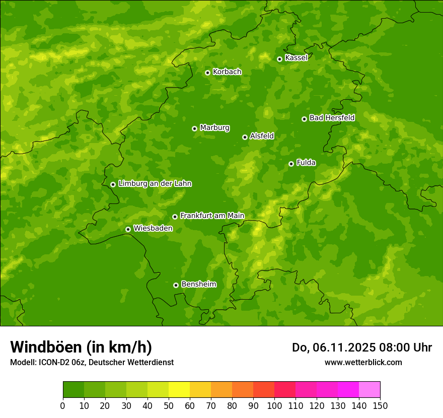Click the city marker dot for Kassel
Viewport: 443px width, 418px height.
pos(279,59)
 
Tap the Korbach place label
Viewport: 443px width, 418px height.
pos(227,72)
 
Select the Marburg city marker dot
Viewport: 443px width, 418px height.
pos(194,128)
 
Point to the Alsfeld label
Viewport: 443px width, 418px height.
pos(262,136)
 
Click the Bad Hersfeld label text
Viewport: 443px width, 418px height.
pos(332,118)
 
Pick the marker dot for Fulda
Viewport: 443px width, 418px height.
pos(291,164)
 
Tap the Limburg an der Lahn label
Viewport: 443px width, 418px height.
pos(155,184)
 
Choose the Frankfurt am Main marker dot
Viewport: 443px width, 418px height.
pos(175,217)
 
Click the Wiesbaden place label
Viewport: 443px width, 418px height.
pos(153,228)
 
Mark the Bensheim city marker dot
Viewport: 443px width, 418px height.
pos(176,285)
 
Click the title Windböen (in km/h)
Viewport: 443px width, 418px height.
pos(81,347)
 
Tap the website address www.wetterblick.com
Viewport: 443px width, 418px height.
pos(363,362)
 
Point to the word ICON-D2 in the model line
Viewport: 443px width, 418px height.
pos(51,362)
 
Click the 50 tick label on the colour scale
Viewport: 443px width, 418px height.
pos(169,406)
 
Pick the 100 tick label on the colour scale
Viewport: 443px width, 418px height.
pos(274,406)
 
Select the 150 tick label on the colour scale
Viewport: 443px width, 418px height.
pos(380,406)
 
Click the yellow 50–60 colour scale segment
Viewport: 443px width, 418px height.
pos(179,390)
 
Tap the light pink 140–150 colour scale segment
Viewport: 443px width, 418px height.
pos(370,390)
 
